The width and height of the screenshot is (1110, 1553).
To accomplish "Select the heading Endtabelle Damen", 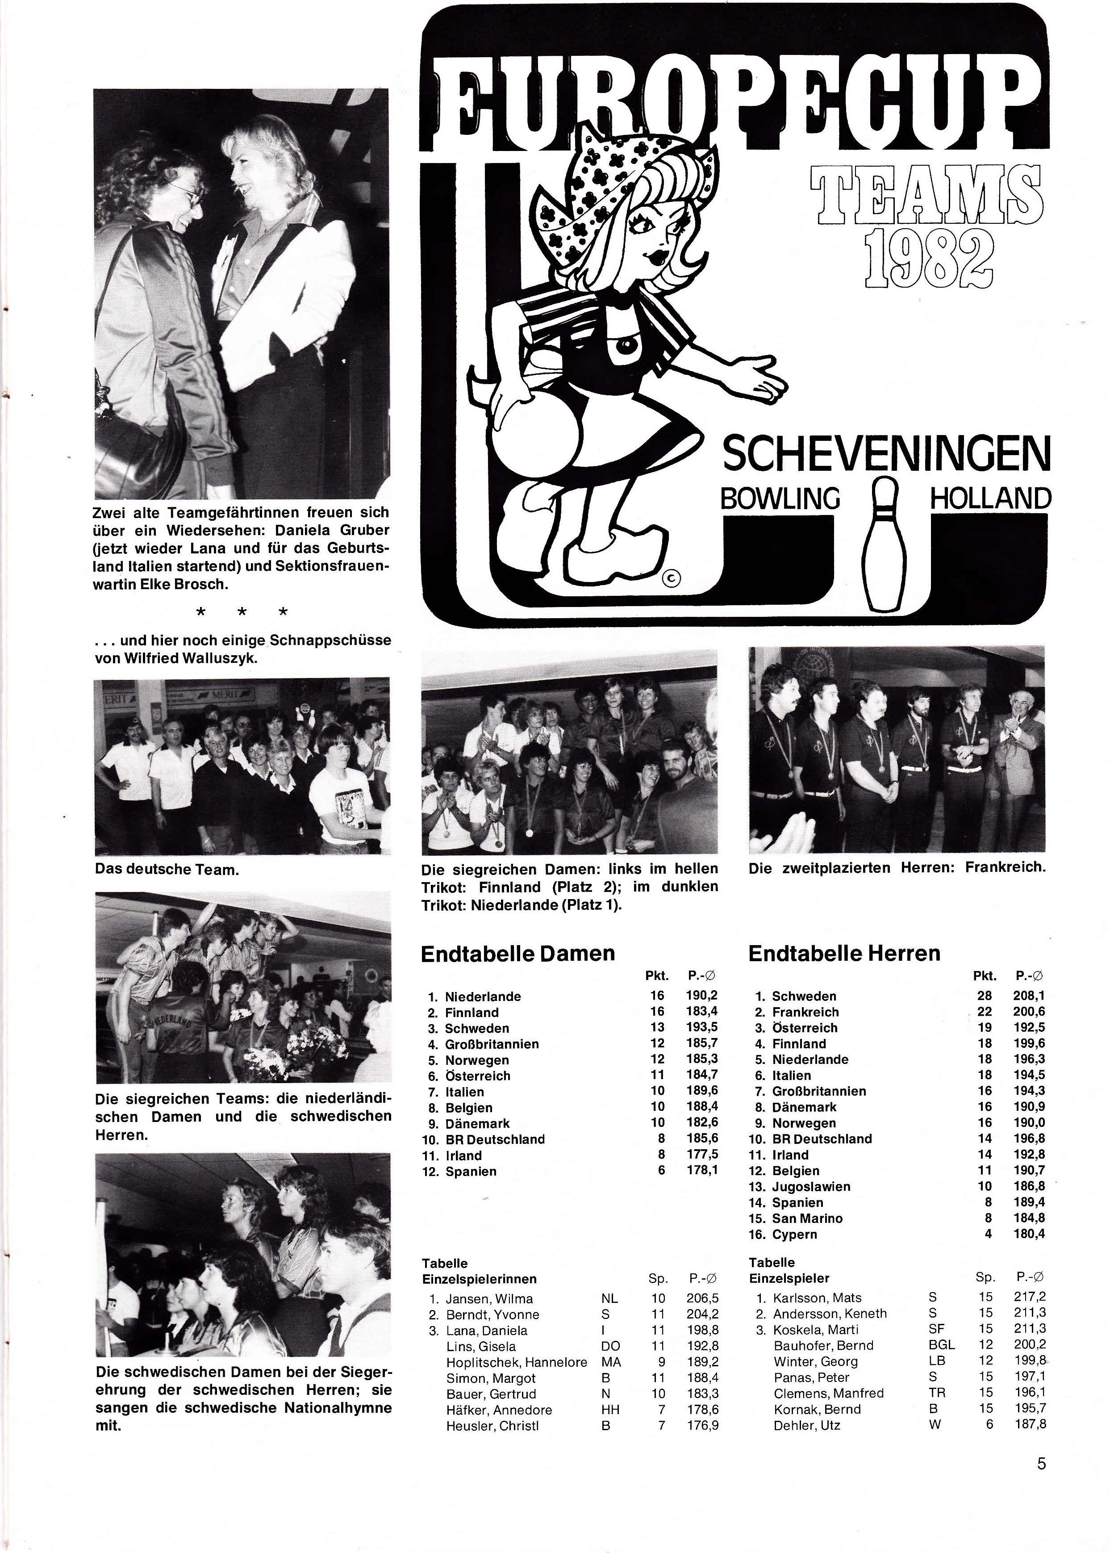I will pos(517,954).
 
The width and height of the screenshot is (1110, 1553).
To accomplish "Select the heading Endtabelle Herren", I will pos(844,954).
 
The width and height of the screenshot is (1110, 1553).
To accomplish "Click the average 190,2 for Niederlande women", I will pos(701,996).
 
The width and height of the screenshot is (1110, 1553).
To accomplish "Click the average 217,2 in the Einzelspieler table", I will pos(1030,1298).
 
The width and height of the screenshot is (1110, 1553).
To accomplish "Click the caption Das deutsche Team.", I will pos(167,870).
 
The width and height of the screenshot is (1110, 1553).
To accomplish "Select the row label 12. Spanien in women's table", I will pos(461,1172).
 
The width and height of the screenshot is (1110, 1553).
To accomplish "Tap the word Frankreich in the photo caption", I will pos(1005,868).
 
